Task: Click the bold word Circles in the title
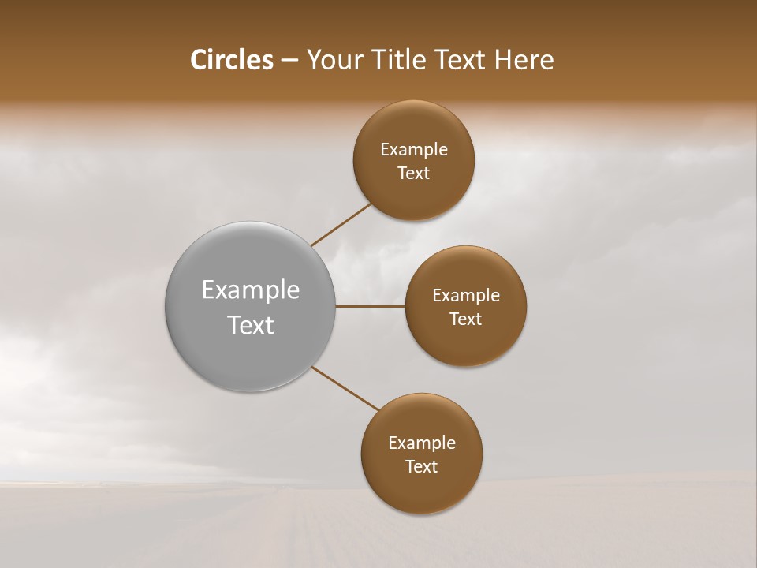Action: click(x=232, y=60)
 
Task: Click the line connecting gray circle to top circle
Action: click(x=341, y=224)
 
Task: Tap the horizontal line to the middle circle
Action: click(x=370, y=306)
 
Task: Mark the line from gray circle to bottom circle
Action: click(x=345, y=388)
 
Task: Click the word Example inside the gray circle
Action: click(x=251, y=290)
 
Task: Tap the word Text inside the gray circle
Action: click(x=251, y=325)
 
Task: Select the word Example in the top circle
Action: click(x=414, y=150)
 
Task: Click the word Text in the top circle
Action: click(x=414, y=174)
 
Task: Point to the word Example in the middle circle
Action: click(x=466, y=296)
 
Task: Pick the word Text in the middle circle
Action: click(x=466, y=319)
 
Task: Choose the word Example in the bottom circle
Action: click(x=422, y=443)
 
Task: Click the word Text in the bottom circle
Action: click(x=422, y=467)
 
